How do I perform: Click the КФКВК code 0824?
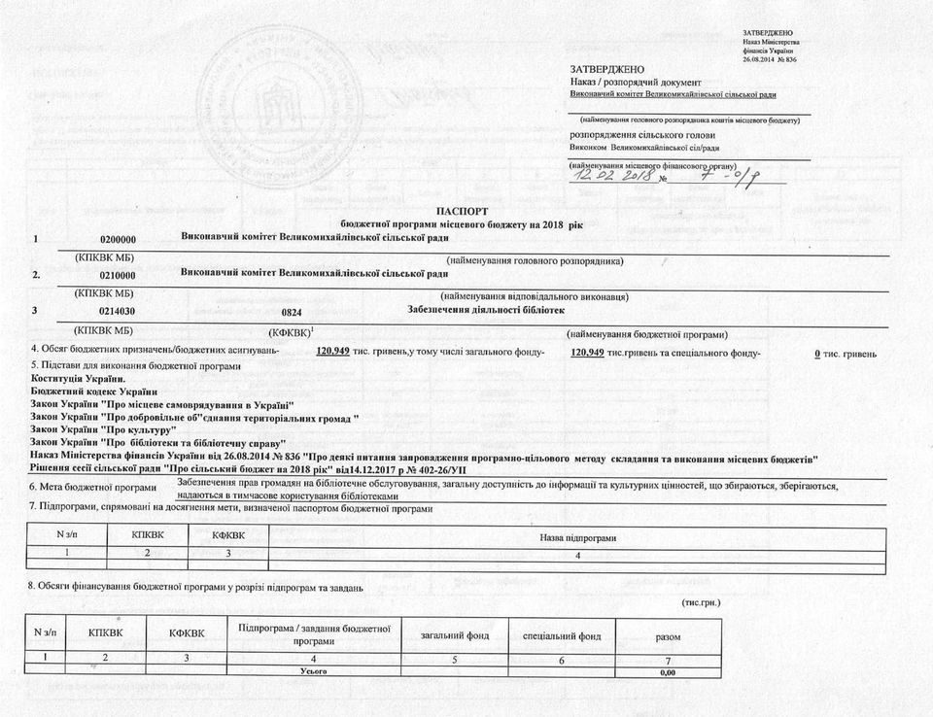[x=292, y=312]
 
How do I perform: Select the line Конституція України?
[x=78, y=378]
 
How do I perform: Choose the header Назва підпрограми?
[x=578, y=537]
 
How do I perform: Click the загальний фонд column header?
[x=450, y=635]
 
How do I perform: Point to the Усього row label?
[x=313, y=671]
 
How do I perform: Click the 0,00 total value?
[x=667, y=672]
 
